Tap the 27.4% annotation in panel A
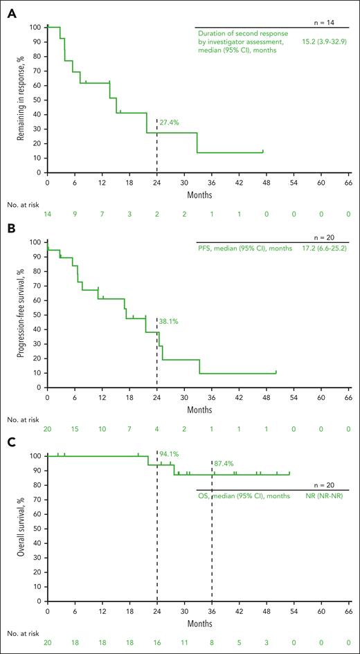coord(170,122)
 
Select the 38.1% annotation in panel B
coord(170,320)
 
